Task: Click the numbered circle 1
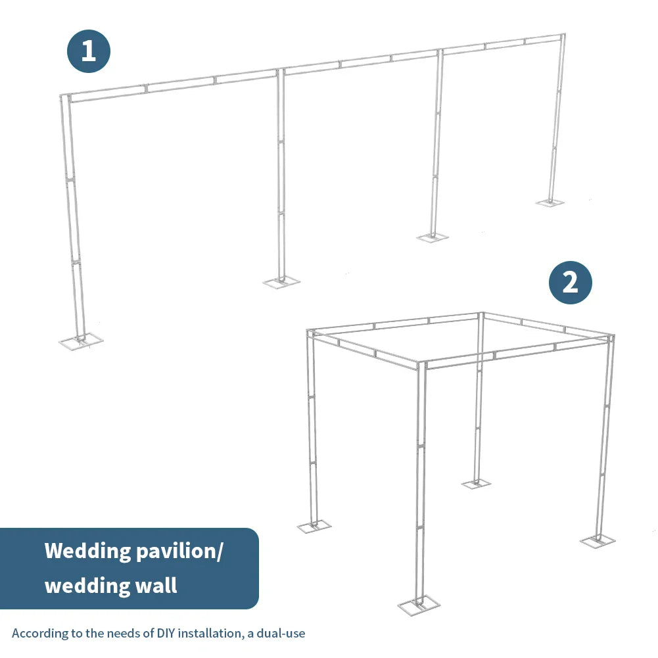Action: click(89, 51)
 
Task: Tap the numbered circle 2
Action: click(571, 283)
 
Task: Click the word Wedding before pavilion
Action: click(88, 551)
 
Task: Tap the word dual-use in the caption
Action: click(279, 634)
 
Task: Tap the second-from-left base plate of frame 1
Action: click(281, 282)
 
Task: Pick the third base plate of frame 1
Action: click(433, 237)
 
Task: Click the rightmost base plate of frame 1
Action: click(550, 202)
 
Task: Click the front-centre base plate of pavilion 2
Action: click(418, 606)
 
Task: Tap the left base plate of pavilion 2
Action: click(314, 526)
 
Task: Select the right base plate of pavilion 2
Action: click(598, 540)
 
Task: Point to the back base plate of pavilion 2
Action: click(476, 484)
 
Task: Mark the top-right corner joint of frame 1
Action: click(562, 35)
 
